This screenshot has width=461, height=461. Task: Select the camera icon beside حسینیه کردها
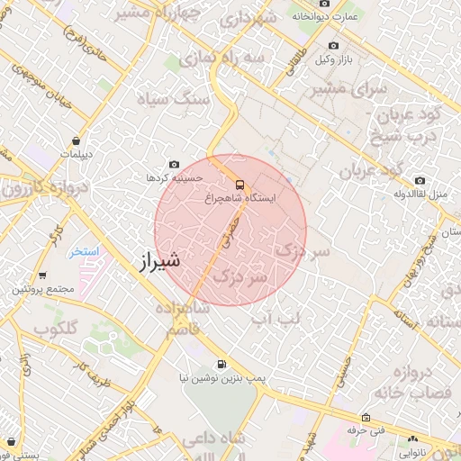(x=174, y=165)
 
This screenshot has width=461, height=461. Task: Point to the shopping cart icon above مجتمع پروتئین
(x=42, y=276)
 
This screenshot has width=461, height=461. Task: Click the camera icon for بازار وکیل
(x=333, y=46)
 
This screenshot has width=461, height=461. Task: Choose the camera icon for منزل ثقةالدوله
(x=420, y=180)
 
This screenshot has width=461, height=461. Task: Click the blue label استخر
(x=85, y=251)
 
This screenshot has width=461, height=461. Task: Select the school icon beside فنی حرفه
(x=365, y=418)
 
